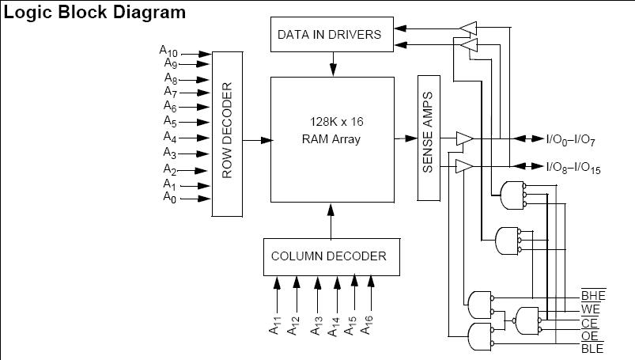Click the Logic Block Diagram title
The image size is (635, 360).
click(96, 13)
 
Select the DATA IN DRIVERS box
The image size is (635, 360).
click(329, 35)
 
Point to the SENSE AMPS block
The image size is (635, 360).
click(429, 138)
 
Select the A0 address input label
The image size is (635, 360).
click(169, 198)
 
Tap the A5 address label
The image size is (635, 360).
click(169, 121)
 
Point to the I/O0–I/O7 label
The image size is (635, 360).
click(570, 140)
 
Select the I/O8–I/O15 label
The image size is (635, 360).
click(573, 166)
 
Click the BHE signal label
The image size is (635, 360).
click(593, 297)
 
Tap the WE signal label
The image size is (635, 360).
click(590, 309)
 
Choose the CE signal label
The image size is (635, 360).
click(589, 323)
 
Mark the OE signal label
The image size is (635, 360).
click(589, 335)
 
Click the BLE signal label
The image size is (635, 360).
click(592, 348)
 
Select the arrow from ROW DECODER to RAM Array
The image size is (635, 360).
click(258, 140)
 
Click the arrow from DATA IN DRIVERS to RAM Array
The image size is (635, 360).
click(334, 63)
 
